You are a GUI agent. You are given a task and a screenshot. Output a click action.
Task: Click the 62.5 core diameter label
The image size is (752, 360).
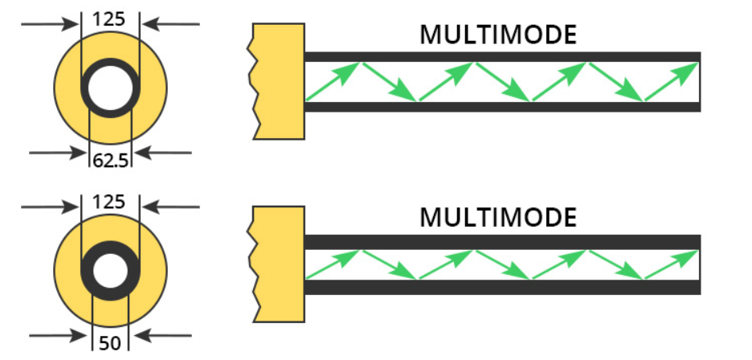[110, 159]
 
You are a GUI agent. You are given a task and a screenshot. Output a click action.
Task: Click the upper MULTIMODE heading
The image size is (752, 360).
[498, 35]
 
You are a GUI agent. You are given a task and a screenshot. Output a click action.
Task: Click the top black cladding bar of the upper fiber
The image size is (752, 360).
[502, 57]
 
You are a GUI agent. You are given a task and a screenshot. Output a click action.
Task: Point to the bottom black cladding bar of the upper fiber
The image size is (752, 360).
[502, 106]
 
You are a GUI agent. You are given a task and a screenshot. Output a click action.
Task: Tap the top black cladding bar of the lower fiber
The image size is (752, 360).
[502, 241]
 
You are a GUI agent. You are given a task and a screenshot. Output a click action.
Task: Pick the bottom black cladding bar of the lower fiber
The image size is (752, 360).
[502, 287]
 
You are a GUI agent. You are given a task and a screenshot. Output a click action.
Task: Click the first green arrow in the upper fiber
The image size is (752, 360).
[333, 81]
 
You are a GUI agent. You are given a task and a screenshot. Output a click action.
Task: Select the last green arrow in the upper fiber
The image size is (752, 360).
[671, 81]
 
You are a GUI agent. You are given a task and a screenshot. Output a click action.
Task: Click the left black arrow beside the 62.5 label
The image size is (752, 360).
[56, 151]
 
